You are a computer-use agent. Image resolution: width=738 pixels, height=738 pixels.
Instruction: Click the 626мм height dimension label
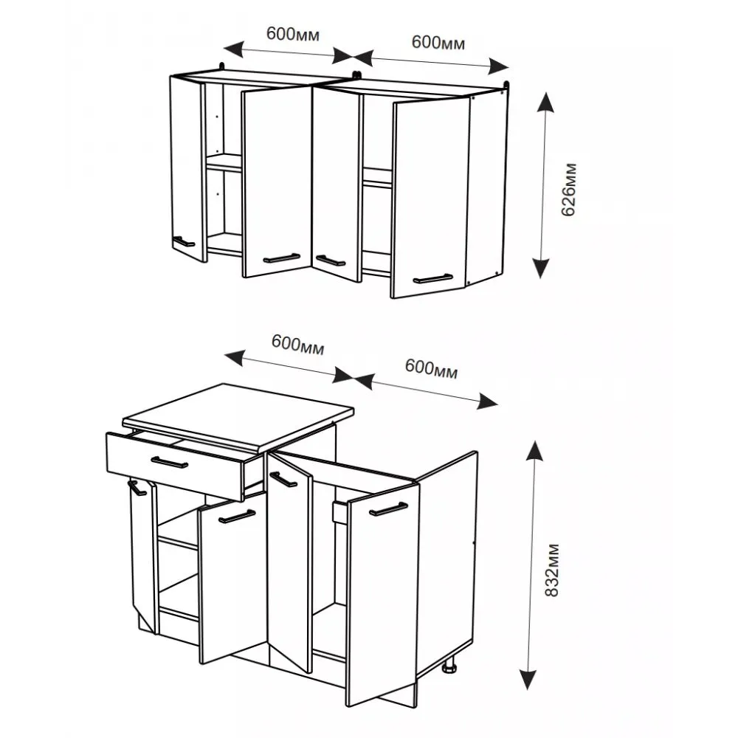pos(568,189)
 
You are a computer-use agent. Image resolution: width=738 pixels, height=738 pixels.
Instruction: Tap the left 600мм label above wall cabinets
pos(293,34)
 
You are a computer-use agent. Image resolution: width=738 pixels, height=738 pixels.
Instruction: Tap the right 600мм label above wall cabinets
pos(438,42)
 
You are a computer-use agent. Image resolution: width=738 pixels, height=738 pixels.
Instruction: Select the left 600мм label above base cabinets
pos(297,344)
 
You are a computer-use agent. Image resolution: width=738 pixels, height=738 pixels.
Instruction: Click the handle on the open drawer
pos(170,463)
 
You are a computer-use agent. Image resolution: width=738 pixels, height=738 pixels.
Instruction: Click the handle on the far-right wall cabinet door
pos(433,279)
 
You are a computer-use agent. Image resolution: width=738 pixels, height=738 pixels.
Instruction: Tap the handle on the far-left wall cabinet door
pos(183,241)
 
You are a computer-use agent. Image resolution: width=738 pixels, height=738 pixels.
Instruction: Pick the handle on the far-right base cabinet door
pos(388,509)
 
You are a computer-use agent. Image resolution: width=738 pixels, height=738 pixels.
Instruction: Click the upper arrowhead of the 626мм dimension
pos(545,102)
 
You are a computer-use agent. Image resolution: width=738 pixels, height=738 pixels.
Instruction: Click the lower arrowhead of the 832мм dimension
pos(528,679)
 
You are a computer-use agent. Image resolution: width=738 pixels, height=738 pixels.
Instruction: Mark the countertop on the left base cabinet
pos(238,415)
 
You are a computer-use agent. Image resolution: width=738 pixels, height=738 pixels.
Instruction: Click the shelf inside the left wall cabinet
pos(224,162)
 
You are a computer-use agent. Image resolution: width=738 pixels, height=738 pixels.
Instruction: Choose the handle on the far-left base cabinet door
pos(137,488)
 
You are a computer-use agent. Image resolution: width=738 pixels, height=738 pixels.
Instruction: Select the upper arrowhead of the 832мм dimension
pos(534,451)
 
